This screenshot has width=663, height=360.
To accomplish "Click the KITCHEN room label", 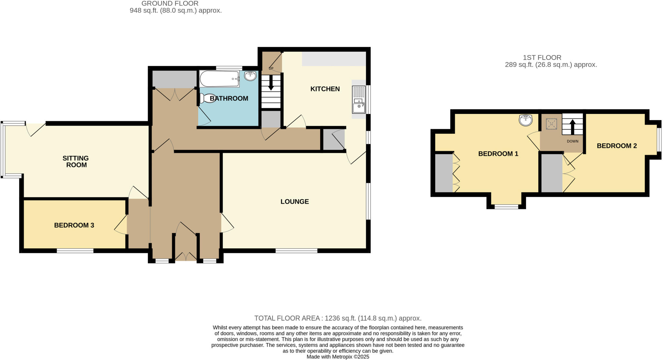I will [x=325, y=89].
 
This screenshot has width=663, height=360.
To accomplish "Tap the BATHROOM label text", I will [x=229, y=98].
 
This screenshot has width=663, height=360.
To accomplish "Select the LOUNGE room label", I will [x=295, y=202].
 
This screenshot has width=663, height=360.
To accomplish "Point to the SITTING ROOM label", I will [x=76, y=162].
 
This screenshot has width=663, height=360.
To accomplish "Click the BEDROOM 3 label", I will [x=74, y=225].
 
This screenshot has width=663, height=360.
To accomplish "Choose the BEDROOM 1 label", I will [x=498, y=154].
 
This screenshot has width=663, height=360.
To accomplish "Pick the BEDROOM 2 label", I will [x=617, y=146].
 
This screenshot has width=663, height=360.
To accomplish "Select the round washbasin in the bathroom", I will [x=250, y=76].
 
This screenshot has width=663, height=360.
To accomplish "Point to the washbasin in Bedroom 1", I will [x=526, y=120].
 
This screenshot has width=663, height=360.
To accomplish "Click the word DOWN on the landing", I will [x=572, y=141].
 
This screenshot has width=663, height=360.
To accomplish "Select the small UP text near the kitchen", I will [x=271, y=68].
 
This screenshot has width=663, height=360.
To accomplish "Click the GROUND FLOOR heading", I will [x=170, y=4].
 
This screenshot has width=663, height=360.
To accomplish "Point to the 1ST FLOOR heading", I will [x=542, y=58].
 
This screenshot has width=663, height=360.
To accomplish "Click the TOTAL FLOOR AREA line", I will [x=338, y=318].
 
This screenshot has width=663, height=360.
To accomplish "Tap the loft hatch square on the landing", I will [x=551, y=124].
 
